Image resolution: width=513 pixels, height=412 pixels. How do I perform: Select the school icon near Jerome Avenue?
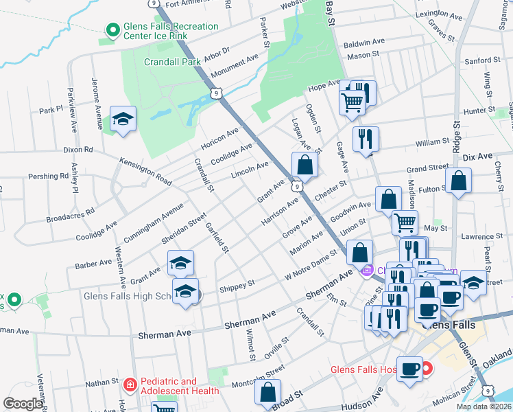coord(123,119)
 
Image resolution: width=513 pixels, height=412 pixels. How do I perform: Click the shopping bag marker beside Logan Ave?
coord(305,165)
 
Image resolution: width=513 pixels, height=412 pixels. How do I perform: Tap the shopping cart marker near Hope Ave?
coord(352,102)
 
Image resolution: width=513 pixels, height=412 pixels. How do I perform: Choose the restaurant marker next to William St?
coord(366,139)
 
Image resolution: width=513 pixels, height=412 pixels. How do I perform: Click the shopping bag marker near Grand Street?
coord(458,181)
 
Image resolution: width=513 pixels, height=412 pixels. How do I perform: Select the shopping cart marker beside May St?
coord(405,222)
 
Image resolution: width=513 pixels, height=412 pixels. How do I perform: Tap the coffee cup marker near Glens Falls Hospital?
coord(411,369)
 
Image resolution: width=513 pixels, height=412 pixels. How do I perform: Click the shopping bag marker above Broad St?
coord(267,392)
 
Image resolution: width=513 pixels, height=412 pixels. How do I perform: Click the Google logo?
coord(23,404)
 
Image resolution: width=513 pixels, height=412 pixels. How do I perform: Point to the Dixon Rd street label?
coord(77,149)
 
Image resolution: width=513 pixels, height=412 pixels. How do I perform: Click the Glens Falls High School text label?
coord(127,297)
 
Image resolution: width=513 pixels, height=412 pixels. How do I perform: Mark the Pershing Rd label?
coord(48,176)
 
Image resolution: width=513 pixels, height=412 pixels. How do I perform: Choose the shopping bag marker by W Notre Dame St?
coord(359,252)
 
